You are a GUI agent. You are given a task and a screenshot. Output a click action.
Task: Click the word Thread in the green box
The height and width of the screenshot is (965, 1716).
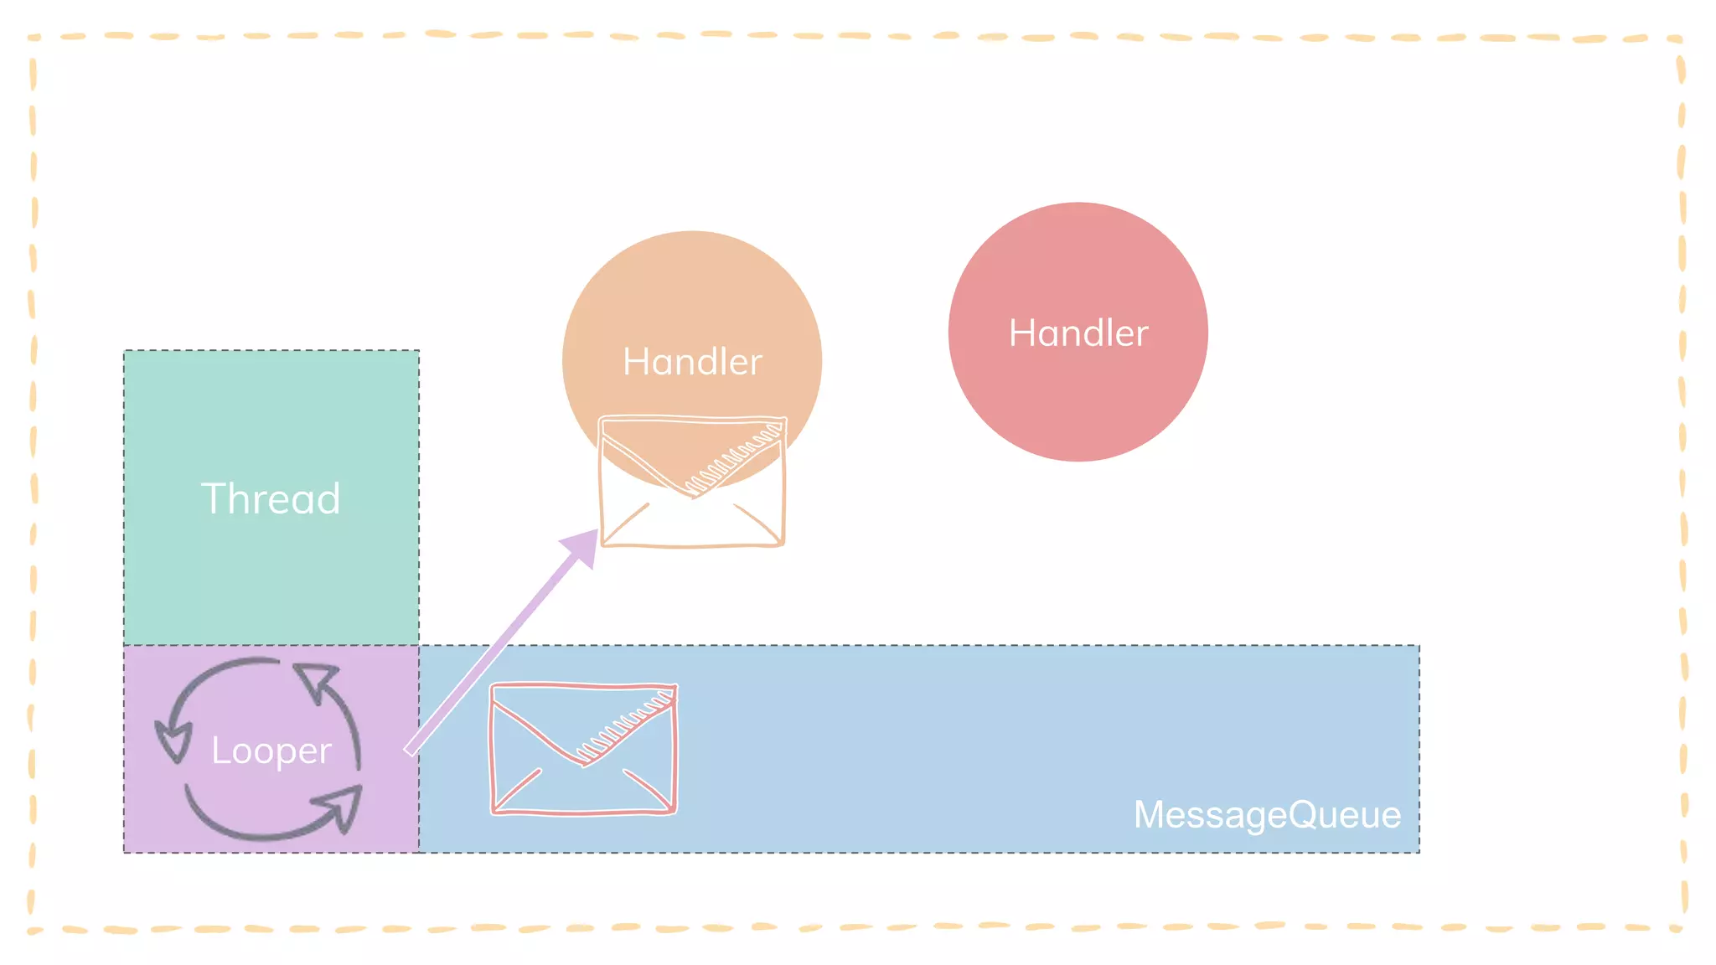[271, 498]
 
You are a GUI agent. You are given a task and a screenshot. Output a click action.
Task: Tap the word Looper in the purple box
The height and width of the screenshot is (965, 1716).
[271, 750]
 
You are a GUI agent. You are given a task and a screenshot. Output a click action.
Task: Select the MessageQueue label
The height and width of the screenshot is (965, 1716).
[1267, 814]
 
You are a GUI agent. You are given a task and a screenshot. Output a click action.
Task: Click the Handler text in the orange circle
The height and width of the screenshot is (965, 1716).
[692, 362]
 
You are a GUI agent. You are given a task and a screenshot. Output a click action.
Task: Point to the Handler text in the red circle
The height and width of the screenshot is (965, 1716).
[1078, 333]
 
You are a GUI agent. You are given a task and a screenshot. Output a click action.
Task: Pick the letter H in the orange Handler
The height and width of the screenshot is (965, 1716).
[634, 362]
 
